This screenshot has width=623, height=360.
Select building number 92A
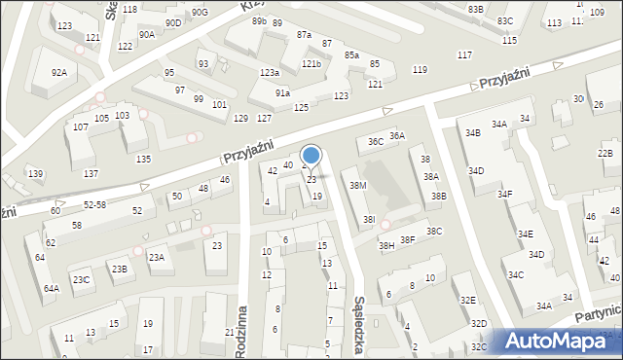(59, 72)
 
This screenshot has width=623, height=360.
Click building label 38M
(357, 185)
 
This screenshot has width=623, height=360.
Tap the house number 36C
(375, 141)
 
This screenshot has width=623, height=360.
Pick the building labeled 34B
(472, 132)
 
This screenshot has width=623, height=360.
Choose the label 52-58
(94, 204)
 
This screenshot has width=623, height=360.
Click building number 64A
(51, 288)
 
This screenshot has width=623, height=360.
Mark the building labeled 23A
(156, 257)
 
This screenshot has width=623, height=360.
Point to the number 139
(35, 173)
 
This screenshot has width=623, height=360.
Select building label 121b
(311, 64)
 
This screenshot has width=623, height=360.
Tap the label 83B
(475, 9)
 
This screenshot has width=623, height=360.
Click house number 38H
(386, 246)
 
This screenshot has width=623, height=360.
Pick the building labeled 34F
(504, 195)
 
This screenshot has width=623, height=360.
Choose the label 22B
(605, 154)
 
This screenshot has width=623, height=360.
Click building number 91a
(282, 93)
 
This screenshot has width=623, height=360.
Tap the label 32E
(467, 301)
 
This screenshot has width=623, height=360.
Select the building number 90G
(199, 12)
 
